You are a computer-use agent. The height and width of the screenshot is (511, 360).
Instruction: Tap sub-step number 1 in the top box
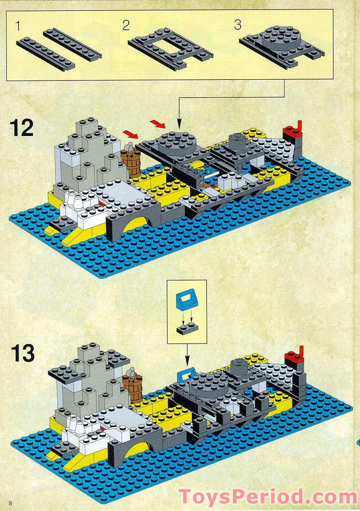pos(18,26)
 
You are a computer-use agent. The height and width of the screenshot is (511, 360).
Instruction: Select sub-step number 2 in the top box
pos(126,25)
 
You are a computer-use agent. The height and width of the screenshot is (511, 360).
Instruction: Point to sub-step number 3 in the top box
pos(237,25)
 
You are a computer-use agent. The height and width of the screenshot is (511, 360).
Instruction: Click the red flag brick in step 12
pos(292,130)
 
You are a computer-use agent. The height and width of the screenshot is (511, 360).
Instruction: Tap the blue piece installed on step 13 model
pos(184,374)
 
